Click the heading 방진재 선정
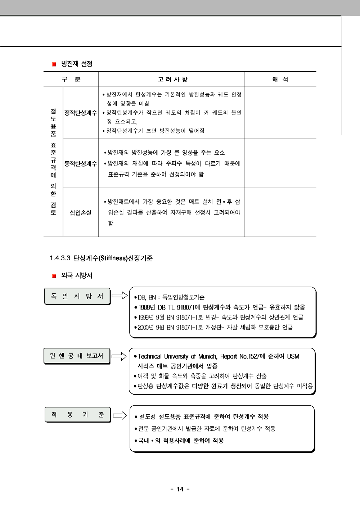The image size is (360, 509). tap(77, 64)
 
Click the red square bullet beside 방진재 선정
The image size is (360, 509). tap(54, 64)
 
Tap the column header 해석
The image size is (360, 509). tap(280, 80)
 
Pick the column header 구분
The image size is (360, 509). tap(71, 80)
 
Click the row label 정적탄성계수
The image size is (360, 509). tap(81, 113)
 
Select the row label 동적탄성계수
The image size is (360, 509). tap(81, 164)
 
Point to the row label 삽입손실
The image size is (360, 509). tap(81, 213)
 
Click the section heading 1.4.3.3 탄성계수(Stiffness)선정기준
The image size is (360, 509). tap(101, 258)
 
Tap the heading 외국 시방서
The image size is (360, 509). tap(77, 276)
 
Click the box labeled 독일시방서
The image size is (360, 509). tap(77, 296)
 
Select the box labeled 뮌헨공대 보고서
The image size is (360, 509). tap(76, 356)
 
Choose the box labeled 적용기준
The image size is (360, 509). tap(77, 415)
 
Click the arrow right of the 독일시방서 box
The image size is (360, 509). tap(120, 296)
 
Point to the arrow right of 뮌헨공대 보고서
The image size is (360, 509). tap(119, 356)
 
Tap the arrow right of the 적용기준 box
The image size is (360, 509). tap(120, 415)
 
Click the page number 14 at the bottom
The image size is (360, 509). tap(180, 489)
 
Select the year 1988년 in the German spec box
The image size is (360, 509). tap(147, 307)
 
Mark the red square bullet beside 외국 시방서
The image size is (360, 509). tap(54, 276)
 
